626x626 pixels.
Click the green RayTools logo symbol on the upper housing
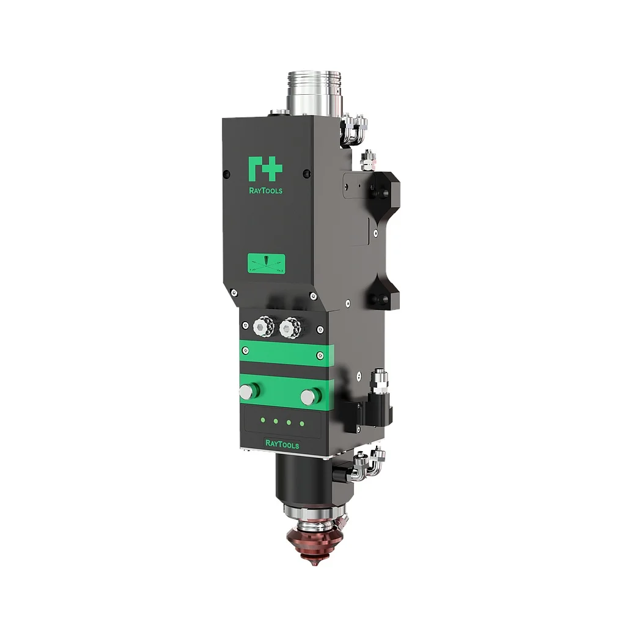(x=265, y=169)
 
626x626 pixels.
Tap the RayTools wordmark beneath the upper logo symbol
(x=265, y=190)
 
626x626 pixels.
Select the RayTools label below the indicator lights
(x=282, y=445)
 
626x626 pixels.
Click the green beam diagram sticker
(x=266, y=263)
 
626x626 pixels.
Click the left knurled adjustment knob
(x=263, y=328)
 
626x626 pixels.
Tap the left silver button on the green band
(x=246, y=392)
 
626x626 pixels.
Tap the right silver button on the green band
(x=308, y=397)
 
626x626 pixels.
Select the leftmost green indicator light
(x=262, y=419)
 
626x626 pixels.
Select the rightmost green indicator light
(x=301, y=423)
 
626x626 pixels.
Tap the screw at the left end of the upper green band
(x=246, y=350)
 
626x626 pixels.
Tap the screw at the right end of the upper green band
(x=320, y=355)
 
